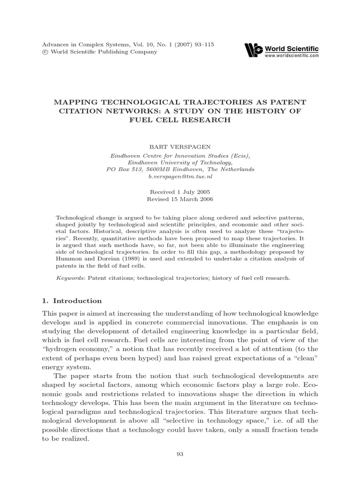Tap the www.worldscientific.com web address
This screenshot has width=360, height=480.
pyautogui.click(x=292, y=55)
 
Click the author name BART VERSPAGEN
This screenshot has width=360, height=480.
pyautogui.click(x=180, y=147)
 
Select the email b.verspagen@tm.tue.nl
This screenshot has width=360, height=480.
pyautogui.click(x=180, y=176)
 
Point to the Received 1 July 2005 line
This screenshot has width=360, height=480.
pyautogui.click(x=180, y=192)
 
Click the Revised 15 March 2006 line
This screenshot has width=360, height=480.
pyautogui.click(x=180, y=199)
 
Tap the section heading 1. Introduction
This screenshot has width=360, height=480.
pyautogui.click(x=72, y=301)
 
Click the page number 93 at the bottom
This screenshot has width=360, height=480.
pyautogui.click(x=180, y=454)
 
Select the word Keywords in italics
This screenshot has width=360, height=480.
pyautogui.click(x=68, y=277)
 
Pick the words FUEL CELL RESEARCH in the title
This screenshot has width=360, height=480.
pyautogui.click(x=180, y=120)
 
